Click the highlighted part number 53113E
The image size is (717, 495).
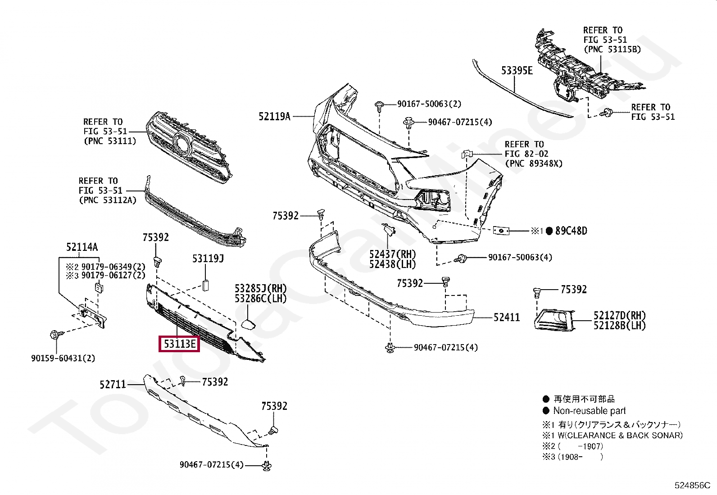[x=179, y=345]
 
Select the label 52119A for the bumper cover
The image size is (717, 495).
[x=274, y=117]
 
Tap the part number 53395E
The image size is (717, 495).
[x=517, y=71]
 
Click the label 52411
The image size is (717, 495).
[x=507, y=318]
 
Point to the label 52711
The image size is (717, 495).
[x=113, y=385]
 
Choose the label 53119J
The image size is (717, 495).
[x=208, y=259]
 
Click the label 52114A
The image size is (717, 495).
[x=82, y=247]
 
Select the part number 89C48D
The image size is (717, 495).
[x=571, y=231]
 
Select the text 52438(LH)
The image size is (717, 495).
[x=392, y=265]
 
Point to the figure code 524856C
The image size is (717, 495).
[x=692, y=486]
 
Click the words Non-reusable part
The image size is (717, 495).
[x=590, y=411]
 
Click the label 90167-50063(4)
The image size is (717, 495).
[x=520, y=258]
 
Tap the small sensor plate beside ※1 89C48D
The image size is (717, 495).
[x=500, y=231]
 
